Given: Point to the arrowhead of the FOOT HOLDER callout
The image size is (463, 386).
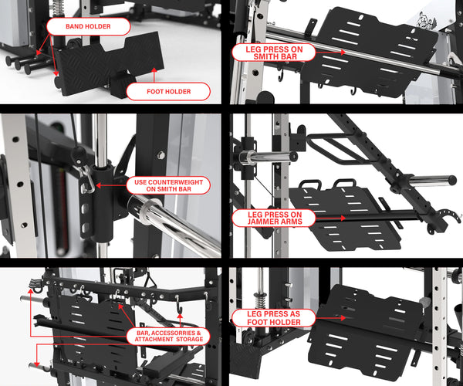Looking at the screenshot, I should [x=155, y=71].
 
